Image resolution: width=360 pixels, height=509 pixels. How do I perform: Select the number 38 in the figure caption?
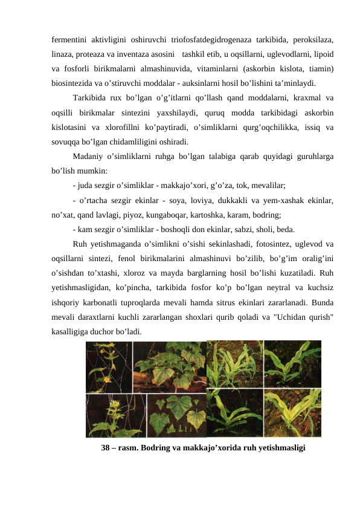(x=107, y=448)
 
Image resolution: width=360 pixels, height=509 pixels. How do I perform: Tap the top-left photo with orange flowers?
(x=109, y=366)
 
